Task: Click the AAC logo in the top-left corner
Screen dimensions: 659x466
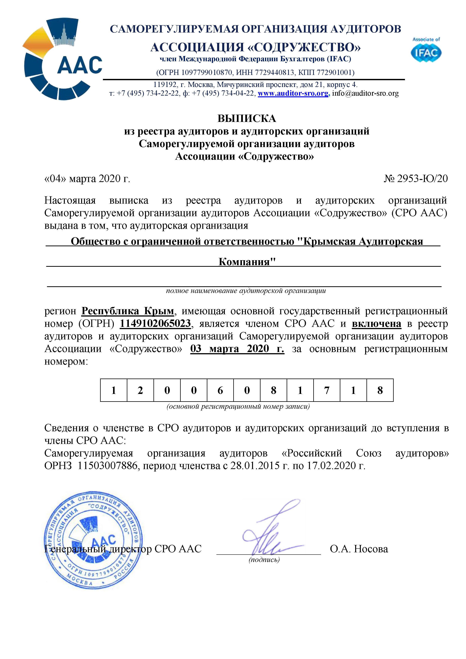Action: click(63, 59)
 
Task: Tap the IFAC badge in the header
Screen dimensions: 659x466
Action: click(426, 50)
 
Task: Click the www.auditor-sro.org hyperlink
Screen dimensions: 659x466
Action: click(293, 93)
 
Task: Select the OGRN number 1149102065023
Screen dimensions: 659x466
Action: click(155, 323)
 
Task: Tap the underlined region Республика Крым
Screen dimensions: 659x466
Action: click(128, 311)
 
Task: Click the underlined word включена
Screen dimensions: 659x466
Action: click(376, 323)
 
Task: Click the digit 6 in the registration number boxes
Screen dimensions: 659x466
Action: click(220, 390)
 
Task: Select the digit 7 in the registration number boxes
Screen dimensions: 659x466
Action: click(327, 390)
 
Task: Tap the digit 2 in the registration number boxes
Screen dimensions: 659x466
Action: click(140, 390)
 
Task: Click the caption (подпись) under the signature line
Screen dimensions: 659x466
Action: click(264, 559)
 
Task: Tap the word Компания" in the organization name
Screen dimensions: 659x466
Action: click(247, 261)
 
